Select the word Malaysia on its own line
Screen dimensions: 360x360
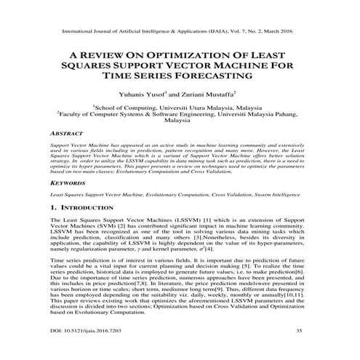[180, 123]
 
